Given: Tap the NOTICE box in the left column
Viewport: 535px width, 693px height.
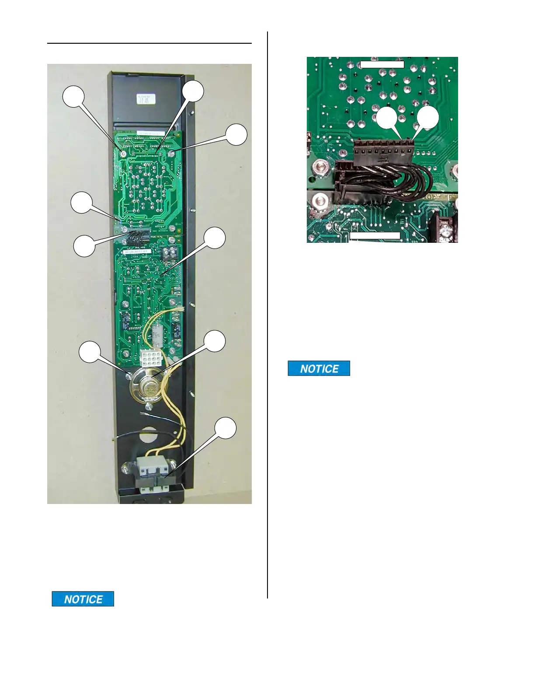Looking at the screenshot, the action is point(83,599).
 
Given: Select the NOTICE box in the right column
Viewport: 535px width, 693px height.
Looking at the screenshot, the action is point(319,368).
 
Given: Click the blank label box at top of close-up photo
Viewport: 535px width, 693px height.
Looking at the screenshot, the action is point(382,65).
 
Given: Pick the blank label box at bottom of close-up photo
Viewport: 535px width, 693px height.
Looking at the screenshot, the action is point(375,236).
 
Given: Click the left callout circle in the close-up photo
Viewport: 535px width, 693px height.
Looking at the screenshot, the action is point(387,118).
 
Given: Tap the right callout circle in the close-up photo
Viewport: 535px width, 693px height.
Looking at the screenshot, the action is point(427,118).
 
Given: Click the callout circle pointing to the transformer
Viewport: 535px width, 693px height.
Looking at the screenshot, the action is point(226,428).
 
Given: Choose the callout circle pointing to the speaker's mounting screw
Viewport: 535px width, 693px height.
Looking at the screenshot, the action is point(89,353).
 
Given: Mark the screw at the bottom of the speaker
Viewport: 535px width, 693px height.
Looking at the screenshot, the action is point(148,406).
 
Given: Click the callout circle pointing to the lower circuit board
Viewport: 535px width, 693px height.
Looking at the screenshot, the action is point(215,238).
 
